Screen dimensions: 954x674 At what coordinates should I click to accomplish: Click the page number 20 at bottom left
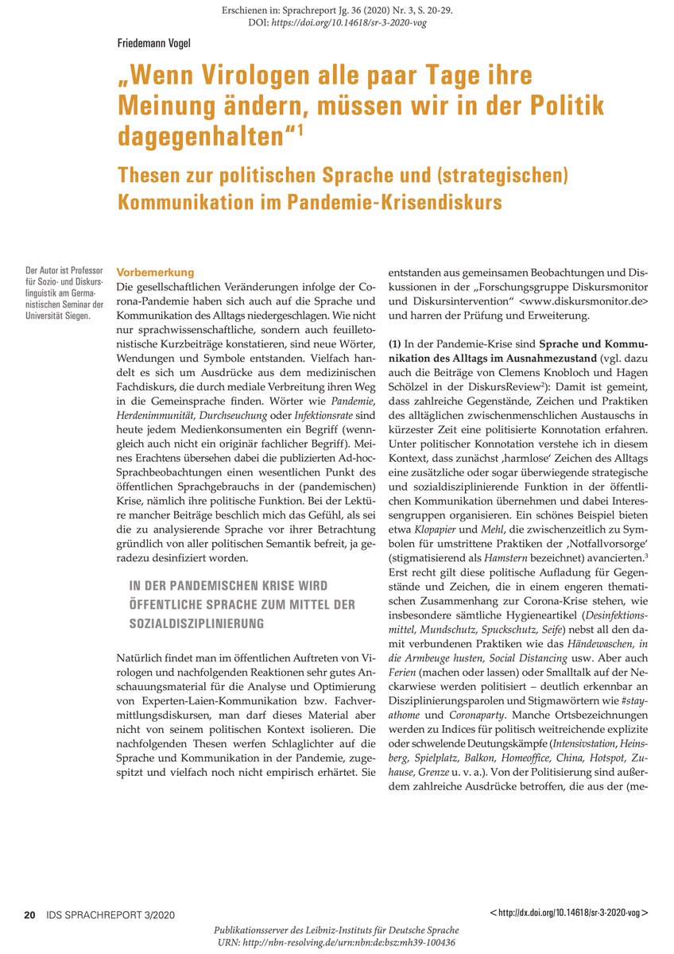click(29, 914)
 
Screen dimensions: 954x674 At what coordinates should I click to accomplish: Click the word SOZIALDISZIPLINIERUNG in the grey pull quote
click(197, 625)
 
